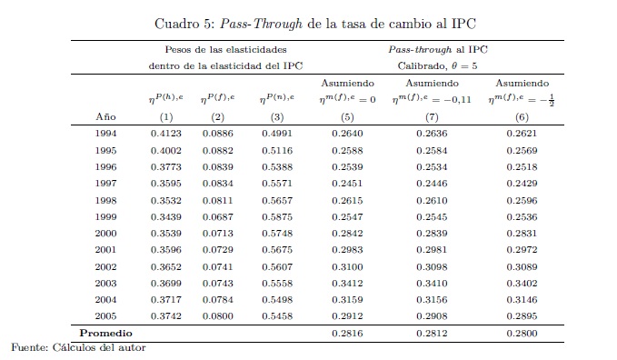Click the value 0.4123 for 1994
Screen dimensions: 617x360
[166, 134]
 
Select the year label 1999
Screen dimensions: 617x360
[105, 217]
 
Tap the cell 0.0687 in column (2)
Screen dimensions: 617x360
[217, 217]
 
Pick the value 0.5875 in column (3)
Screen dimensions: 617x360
[277, 217]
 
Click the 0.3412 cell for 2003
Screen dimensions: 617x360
[347, 284]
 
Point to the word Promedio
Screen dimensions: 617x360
[105, 334]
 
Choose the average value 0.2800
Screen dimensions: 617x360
[522, 334]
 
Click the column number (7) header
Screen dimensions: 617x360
[432, 117]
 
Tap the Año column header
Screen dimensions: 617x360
[105, 116]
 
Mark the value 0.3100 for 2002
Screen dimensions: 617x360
[347, 266]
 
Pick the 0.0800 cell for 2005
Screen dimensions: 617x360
[217, 315]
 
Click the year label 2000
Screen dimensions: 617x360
[105, 233]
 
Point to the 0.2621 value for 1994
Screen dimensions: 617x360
[522, 134]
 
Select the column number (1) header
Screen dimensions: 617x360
[166, 117]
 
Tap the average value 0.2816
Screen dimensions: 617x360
[347, 334]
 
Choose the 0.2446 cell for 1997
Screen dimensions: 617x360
[432, 183]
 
